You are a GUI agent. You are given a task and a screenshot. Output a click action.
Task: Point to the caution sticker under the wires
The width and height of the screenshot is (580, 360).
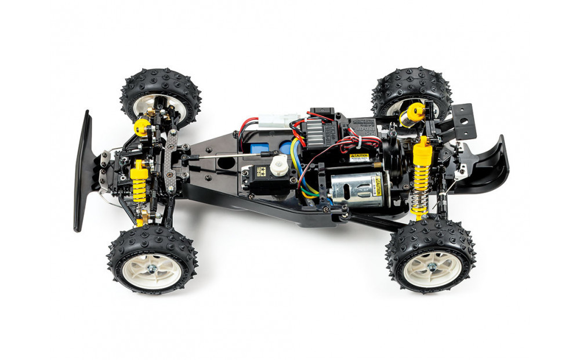(x=359, y=157)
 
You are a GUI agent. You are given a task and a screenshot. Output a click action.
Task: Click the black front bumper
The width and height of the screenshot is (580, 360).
(x=84, y=171)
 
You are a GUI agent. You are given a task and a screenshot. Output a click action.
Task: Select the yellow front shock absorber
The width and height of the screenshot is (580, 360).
(x=139, y=183)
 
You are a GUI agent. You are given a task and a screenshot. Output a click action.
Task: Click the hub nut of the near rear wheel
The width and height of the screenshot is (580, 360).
(x=432, y=267)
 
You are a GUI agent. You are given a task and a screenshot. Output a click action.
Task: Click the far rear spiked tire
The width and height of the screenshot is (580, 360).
(x=412, y=93)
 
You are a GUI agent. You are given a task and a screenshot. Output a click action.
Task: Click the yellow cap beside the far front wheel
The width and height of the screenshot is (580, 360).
(x=142, y=126)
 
